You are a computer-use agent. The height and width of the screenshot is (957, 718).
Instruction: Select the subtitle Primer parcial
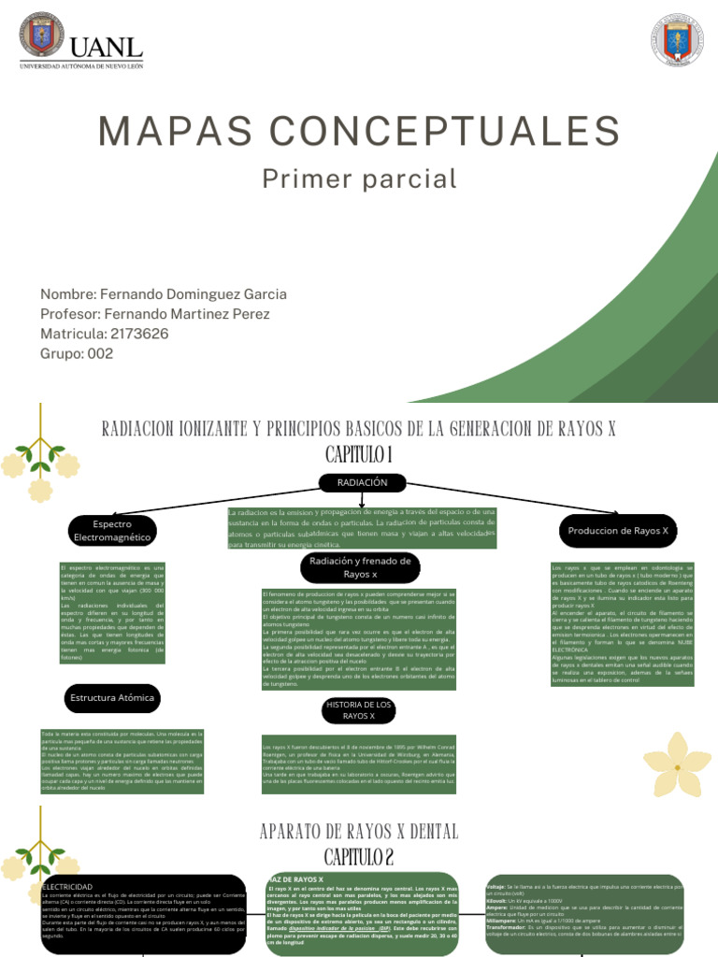click(x=359, y=179)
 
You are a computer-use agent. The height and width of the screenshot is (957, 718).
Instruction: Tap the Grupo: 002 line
click(x=77, y=353)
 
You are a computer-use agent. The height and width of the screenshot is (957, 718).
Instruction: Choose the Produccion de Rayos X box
click(x=618, y=531)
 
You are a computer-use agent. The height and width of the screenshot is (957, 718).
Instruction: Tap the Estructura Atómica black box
click(x=112, y=697)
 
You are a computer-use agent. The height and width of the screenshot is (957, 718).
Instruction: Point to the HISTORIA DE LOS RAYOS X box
click(x=360, y=709)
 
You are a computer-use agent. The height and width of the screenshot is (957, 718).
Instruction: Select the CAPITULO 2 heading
click(x=360, y=857)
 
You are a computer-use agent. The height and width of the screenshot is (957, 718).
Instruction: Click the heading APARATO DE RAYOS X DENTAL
click(x=359, y=831)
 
